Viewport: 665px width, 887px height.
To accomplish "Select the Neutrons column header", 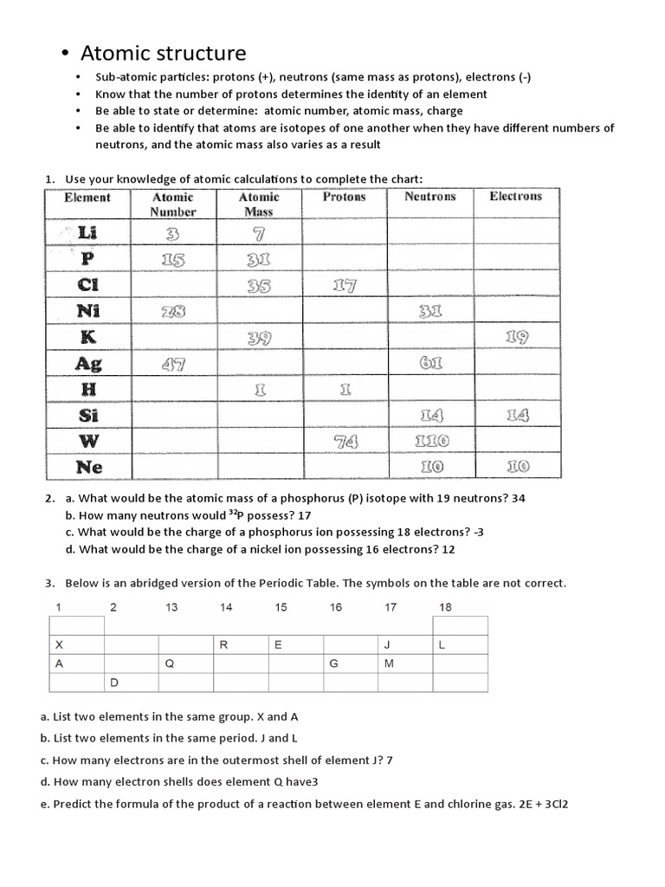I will (430, 197).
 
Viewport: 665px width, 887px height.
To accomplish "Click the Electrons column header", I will (515, 197).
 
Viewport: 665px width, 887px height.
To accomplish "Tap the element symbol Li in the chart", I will (87, 233).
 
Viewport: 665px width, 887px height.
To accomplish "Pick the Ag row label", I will (88, 364).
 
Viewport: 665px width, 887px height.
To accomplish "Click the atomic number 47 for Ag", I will (172, 365).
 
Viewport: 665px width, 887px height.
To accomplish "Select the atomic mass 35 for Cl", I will (258, 286).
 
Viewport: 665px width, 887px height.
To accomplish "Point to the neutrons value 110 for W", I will (430, 442).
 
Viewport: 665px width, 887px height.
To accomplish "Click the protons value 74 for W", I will (344, 442).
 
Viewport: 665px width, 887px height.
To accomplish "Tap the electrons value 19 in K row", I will (516, 338).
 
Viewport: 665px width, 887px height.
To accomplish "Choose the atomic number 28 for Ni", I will (172, 312).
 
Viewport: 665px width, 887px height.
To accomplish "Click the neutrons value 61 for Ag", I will (430, 364).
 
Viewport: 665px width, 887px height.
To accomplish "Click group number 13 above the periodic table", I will (171, 607).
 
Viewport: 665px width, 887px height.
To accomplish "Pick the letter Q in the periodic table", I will (170, 664).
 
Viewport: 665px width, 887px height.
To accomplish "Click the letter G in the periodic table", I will (332, 664).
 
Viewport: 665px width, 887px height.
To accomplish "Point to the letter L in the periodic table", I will (442, 645).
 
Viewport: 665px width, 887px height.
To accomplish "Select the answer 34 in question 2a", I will (518, 498).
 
